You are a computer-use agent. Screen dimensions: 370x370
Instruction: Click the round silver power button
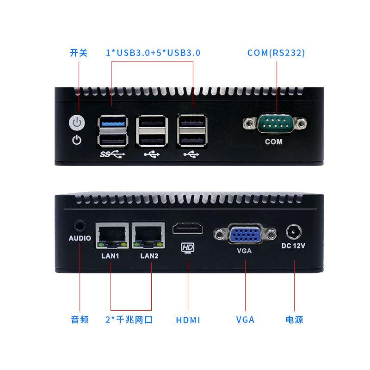tap(77, 123)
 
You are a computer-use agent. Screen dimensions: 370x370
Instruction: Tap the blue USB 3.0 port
tap(112, 123)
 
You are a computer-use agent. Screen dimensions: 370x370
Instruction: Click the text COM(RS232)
tap(276, 53)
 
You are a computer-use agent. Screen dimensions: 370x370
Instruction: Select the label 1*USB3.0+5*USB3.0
tap(153, 53)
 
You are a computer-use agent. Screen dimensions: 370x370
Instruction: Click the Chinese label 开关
tap(78, 53)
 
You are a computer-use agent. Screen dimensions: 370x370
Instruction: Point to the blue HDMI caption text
tap(188, 320)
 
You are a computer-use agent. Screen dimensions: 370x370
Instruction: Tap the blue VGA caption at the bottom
tap(245, 320)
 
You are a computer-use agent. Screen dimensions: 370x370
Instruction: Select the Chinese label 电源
tap(295, 320)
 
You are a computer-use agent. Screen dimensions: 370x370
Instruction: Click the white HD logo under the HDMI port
tap(188, 248)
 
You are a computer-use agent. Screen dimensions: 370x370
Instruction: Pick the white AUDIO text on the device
tap(80, 239)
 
